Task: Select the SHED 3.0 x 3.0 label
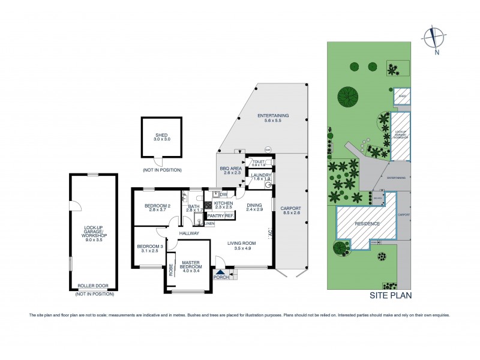point(161,137)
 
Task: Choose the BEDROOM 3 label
point(147,248)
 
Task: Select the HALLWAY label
point(188,233)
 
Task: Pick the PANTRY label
point(214,215)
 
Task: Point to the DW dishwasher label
point(223,194)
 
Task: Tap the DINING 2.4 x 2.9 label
point(254,208)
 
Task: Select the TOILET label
point(258,162)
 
